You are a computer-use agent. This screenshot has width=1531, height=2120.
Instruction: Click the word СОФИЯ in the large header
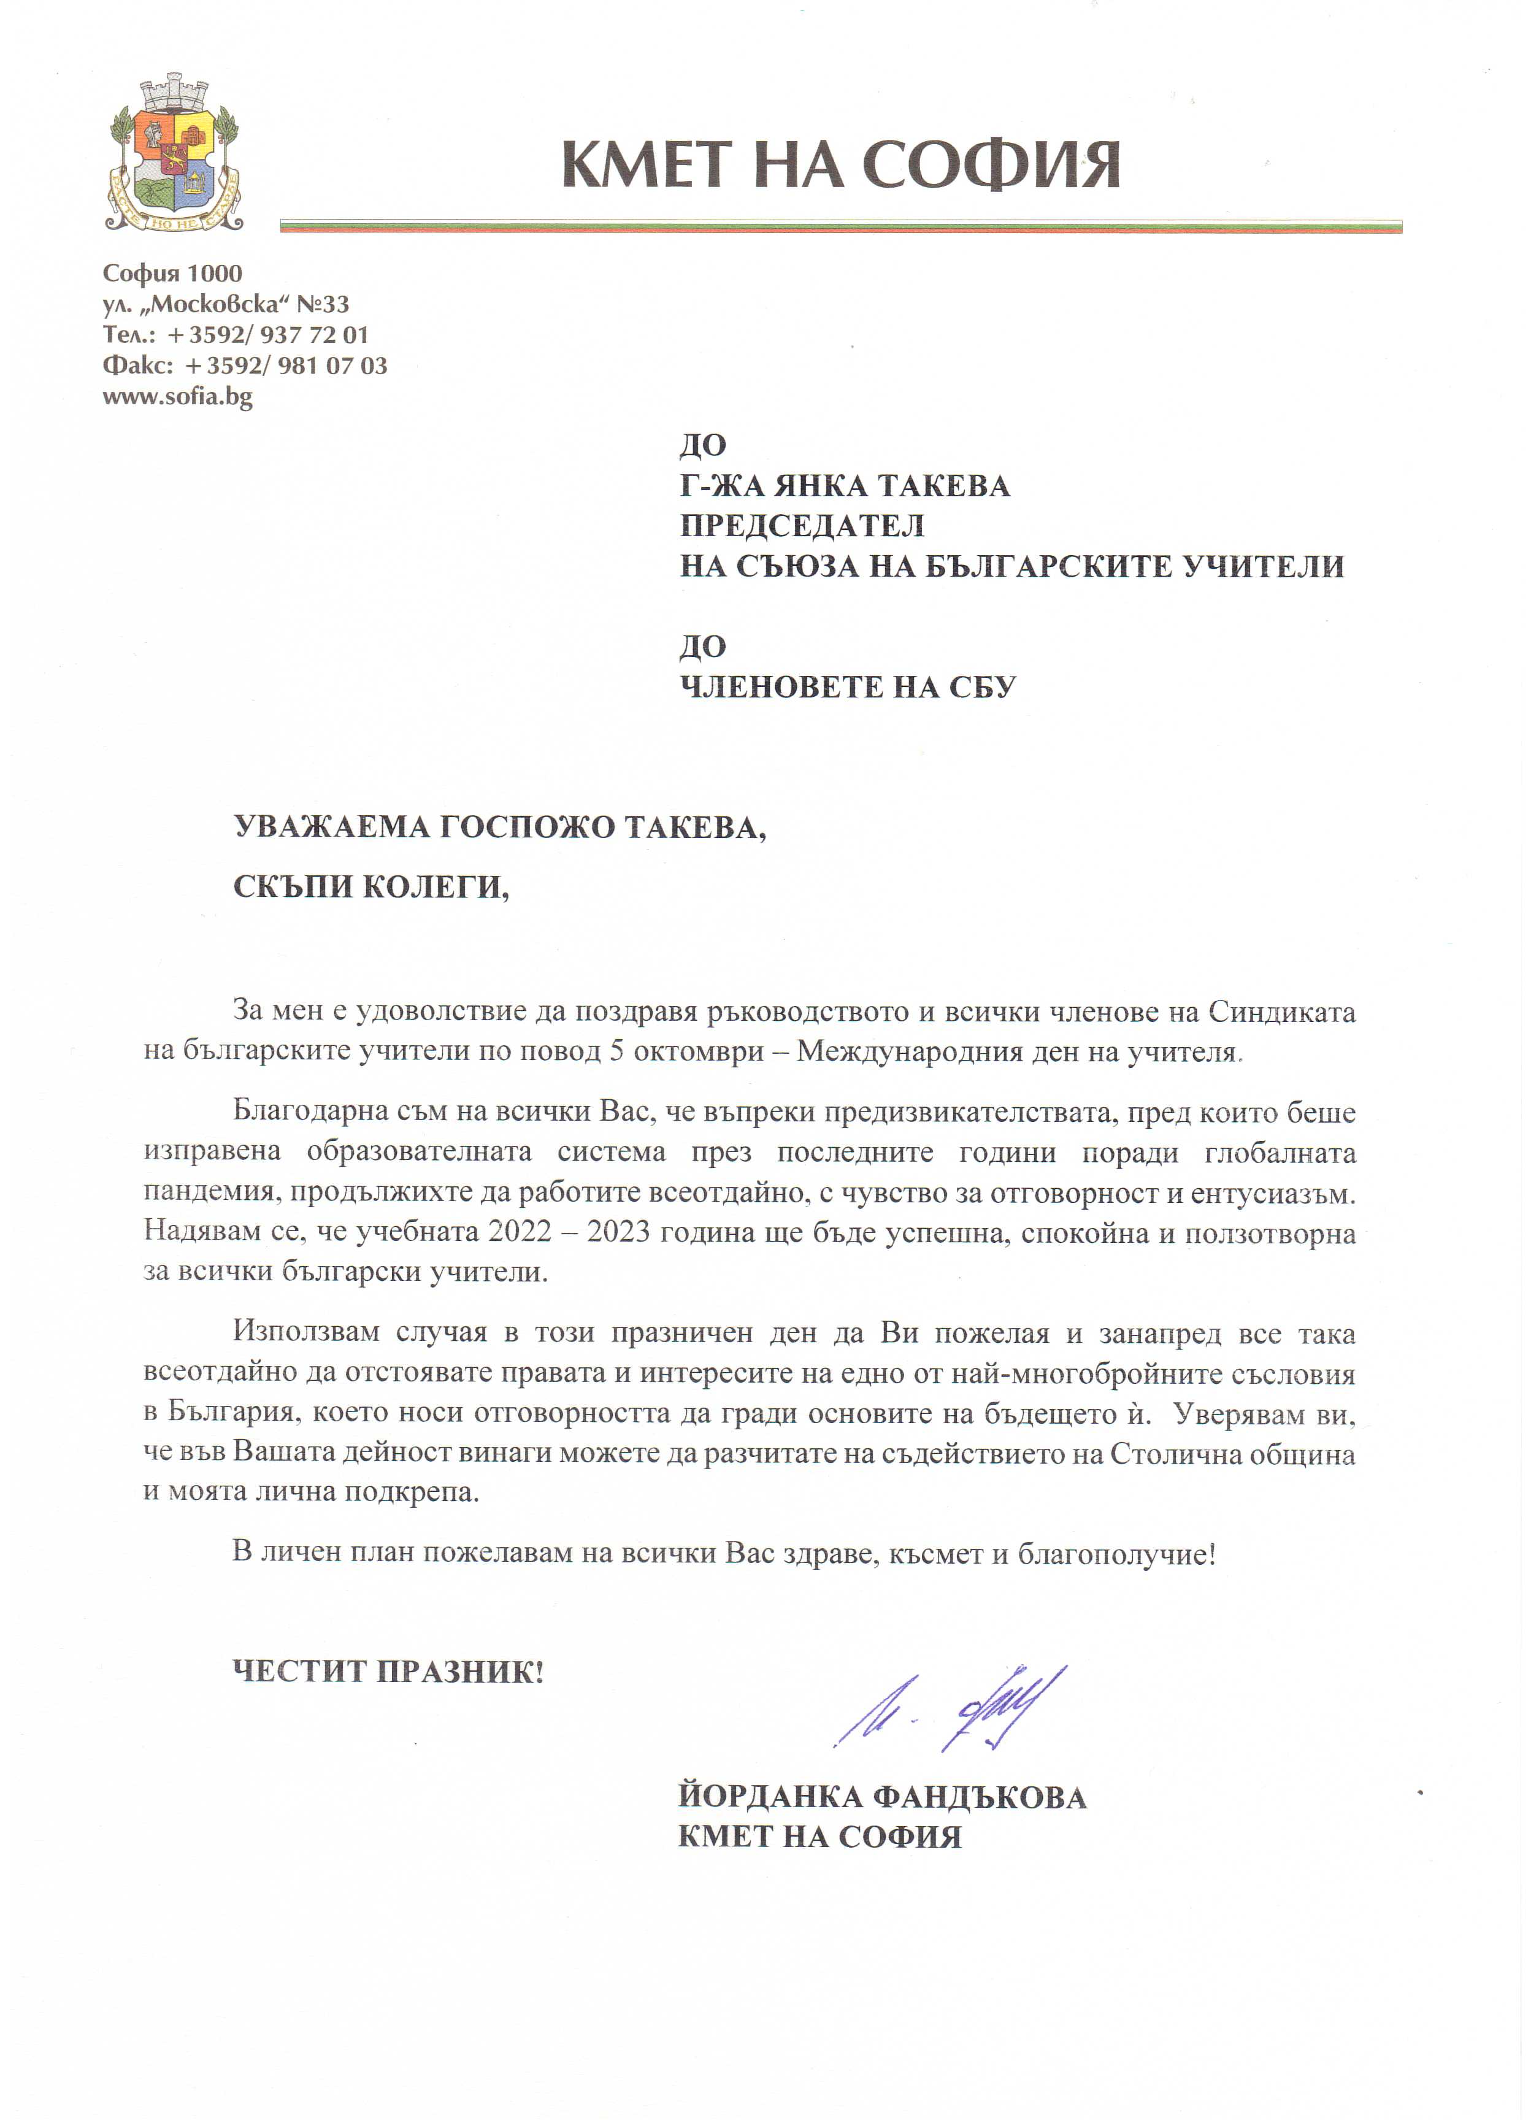pos(992,166)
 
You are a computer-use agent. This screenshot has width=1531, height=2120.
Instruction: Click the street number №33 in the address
pos(323,304)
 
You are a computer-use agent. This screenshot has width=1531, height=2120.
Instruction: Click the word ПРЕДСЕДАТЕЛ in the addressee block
pos(802,526)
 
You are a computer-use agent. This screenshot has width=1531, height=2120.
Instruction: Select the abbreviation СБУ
pos(981,687)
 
